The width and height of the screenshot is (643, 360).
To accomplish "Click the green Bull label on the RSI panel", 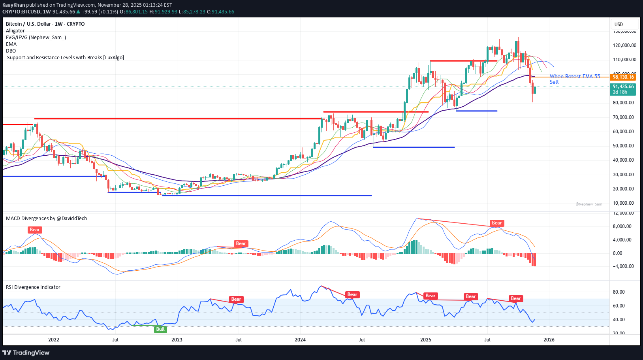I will pos(160,329).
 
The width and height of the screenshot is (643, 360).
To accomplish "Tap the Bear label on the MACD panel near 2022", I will pos(35,230).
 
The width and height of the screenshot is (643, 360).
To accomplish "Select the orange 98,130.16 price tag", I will pos(623,77).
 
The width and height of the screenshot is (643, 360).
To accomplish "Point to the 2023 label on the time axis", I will pos(177,340).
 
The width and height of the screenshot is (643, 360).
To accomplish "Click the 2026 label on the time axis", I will pos(549,340).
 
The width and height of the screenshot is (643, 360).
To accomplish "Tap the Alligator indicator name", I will pos(15,31).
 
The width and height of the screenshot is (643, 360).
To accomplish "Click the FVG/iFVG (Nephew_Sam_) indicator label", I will pos(36,38).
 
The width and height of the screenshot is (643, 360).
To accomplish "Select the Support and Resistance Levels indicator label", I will pos(66,58).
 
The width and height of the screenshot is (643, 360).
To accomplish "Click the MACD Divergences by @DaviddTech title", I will pos(46,219).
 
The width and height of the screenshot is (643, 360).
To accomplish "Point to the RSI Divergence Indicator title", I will pos(33,287).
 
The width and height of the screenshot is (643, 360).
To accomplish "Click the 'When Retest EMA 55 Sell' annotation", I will pos(574,79).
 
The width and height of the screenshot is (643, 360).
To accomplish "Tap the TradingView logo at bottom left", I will pos(26,352).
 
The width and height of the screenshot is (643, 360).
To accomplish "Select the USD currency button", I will pos(619,25).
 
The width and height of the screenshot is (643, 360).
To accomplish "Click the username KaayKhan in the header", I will pos(13,5).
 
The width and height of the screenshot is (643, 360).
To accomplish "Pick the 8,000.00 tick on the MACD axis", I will pos(623,226).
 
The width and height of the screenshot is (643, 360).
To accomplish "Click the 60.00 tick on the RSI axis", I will pos(619,306).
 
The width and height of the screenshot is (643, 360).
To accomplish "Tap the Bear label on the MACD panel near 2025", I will pos(496,223).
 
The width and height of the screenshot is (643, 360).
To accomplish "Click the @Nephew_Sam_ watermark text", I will pos(590,204).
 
